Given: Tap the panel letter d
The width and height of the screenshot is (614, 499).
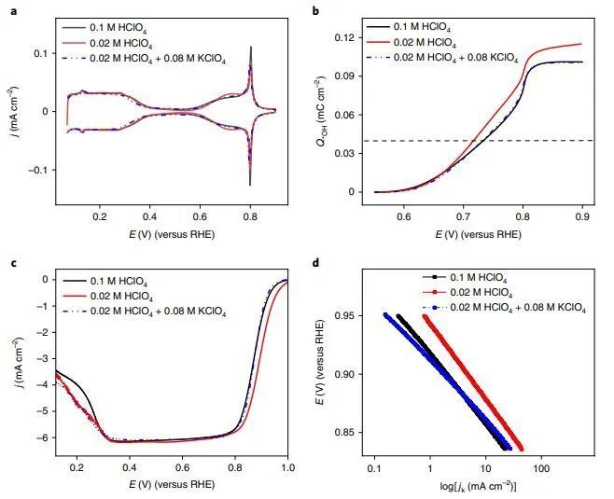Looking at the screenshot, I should coord(315,263).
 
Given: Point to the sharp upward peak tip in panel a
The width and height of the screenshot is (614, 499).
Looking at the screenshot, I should coord(250,47).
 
